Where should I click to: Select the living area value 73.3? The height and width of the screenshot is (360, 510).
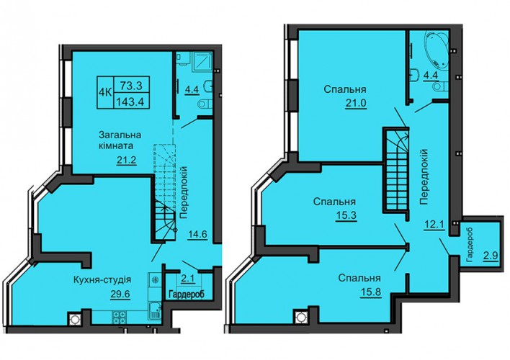point(131,85)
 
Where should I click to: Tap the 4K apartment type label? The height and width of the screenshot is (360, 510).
point(105,92)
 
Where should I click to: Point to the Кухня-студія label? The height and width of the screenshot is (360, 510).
point(102,279)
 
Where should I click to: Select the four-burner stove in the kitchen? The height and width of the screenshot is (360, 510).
point(119,318)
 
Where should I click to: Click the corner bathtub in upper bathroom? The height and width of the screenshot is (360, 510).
point(436,49)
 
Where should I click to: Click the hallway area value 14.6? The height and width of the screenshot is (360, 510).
point(198,234)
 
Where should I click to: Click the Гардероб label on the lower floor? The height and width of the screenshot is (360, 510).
point(187,294)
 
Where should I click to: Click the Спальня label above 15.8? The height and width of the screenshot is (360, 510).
point(359,279)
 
